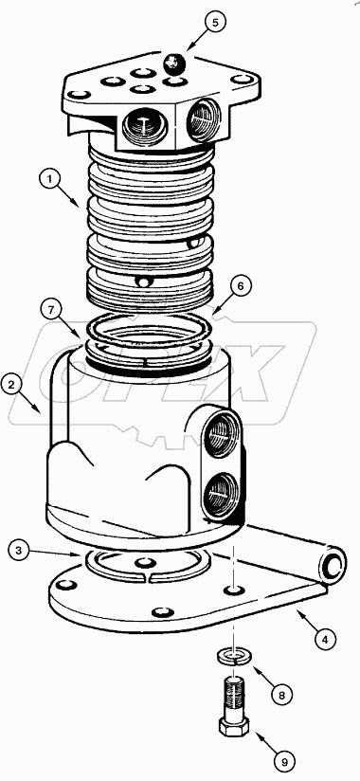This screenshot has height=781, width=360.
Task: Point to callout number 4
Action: click(x=325, y=640)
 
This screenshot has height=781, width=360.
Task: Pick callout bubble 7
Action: click(x=53, y=308)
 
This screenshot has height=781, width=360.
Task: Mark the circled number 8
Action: click(x=281, y=693)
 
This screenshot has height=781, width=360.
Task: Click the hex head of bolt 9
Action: click(x=235, y=730)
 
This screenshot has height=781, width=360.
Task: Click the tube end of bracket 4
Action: click(x=331, y=566)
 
